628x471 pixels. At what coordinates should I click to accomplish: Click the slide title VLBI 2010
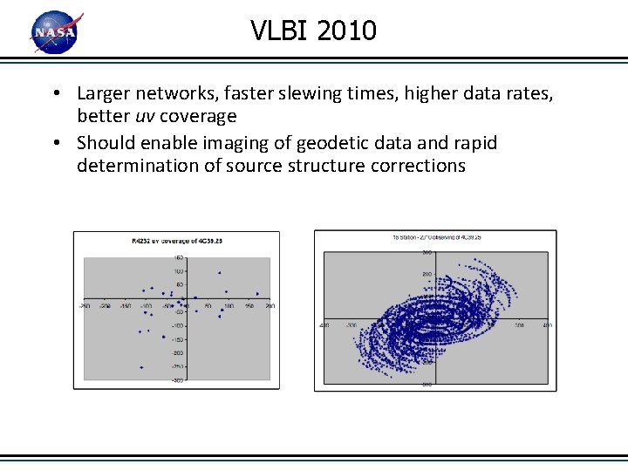pos(314,31)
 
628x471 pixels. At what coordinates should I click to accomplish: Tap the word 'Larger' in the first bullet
pos(104,93)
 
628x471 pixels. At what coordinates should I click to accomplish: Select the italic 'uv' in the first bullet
pos(144,116)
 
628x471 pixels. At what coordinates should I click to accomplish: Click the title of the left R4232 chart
pos(176,240)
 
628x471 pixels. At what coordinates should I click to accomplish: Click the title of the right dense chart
pos(436,236)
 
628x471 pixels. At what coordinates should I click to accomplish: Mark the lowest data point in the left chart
pos(141,367)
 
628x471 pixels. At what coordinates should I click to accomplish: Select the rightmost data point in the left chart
pos(257,294)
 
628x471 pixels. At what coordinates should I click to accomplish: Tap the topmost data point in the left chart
pos(220,273)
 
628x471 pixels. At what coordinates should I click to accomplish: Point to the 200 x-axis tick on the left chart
pos(270,306)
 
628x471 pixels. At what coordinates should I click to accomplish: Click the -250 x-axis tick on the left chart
pos(85,306)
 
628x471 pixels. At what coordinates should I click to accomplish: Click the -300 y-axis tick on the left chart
pos(178,380)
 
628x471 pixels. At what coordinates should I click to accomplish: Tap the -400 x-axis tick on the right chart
pos(324,324)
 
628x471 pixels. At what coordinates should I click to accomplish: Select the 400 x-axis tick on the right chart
pos(547,324)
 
